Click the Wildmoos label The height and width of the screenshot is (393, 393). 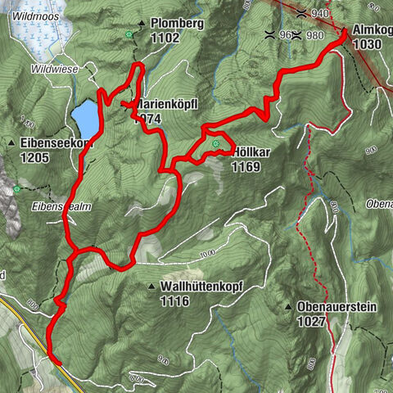(x=38, y=15)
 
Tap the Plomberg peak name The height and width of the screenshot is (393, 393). (x=176, y=24)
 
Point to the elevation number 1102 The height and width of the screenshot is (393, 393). (x=165, y=38)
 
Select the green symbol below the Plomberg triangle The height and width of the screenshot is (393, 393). (x=129, y=34)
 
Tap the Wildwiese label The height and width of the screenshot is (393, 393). (x=53, y=70)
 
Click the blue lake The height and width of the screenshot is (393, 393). (x=84, y=120)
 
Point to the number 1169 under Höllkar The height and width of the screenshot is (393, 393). (x=246, y=167)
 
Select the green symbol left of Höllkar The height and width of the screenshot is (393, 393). (x=216, y=146)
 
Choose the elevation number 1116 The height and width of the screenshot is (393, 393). (x=175, y=301)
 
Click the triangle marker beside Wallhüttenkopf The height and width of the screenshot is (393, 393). (x=152, y=287)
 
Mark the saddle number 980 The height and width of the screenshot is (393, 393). (x=315, y=35)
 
